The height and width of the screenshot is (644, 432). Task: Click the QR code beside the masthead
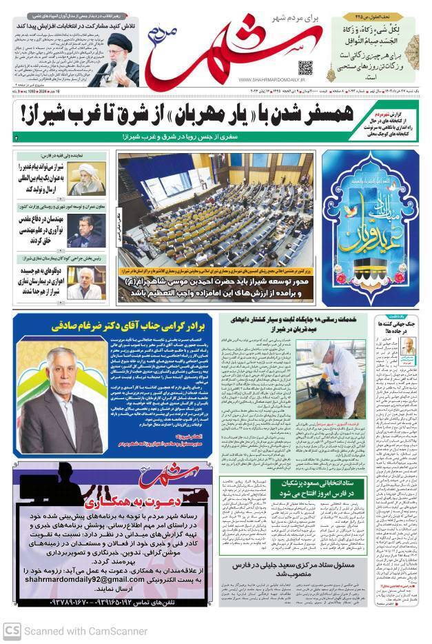click(x=305, y=67)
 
